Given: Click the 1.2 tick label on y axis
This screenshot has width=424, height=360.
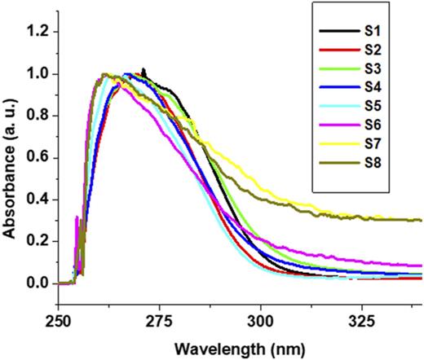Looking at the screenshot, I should pos(38,32).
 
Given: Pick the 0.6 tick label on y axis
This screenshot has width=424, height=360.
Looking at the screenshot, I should pos(38,157).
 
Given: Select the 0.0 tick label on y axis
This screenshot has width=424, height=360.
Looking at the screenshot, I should pos(38,283).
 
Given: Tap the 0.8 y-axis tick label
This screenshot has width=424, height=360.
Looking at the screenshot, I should pos(38,116).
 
